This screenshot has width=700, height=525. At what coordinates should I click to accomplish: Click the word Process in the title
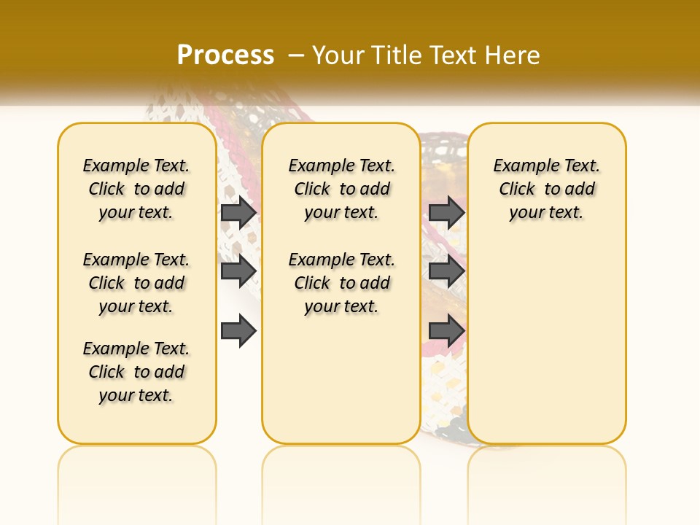225,55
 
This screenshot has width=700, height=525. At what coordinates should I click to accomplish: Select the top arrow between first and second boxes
238,212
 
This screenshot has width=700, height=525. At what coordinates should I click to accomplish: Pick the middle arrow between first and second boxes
238,271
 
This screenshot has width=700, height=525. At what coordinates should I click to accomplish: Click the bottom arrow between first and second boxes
238,332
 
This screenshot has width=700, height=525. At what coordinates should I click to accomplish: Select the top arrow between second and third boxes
446,212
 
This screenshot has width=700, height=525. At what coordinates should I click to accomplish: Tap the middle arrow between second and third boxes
446,271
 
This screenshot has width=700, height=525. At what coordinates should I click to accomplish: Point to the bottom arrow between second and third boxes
446,332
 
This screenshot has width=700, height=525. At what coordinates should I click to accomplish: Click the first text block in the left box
136,189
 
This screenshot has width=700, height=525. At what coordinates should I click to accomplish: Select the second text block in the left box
136,283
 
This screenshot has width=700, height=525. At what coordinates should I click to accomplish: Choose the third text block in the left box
136,372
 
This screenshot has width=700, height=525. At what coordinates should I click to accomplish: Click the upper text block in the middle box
342,189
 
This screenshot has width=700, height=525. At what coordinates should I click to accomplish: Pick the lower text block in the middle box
342,283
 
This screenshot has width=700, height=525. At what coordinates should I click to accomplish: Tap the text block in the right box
547,189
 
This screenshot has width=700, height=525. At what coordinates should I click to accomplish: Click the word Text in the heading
456,55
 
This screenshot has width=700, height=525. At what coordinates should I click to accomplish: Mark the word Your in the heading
338,55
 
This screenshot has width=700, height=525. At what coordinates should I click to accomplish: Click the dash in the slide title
296,55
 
